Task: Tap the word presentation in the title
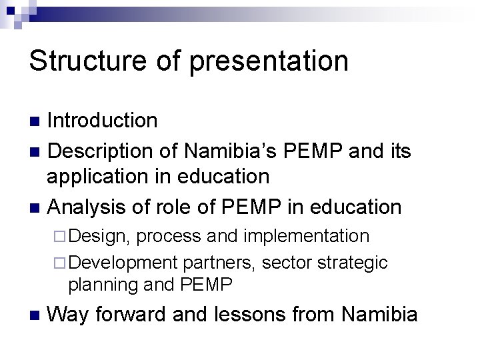pyautogui.click(x=269, y=61)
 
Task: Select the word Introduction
pyautogui.click(x=103, y=121)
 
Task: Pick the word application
pyautogui.click(x=103, y=177)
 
